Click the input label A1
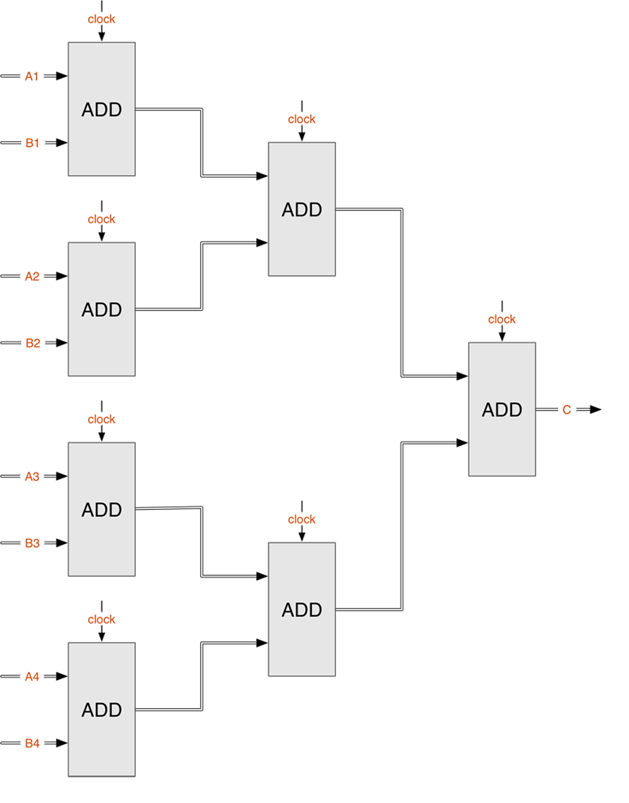pyautogui.click(x=32, y=77)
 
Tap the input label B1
pyautogui.click(x=32, y=143)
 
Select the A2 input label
pyautogui.click(x=32, y=277)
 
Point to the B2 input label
pyautogui.click(x=32, y=343)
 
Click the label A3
pyautogui.click(x=32, y=477)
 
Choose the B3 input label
pyautogui.click(x=32, y=543)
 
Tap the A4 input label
pyautogui.click(x=32, y=677)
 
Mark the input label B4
pyautogui.click(x=32, y=743)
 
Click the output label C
pyautogui.click(x=567, y=410)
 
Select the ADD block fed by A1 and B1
pyautogui.click(x=101, y=109)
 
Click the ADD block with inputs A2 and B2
pyautogui.click(x=101, y=309)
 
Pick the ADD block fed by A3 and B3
pyautogui.click(x=101, y=509)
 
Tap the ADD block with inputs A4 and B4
pyautogui.click(x=101, y=709)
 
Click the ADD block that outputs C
pyautogui.click(x=502, y=409)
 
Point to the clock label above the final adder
pyautogui.click(x=502, y=319)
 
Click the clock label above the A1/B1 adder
pyautogui.click(x=101, y=19)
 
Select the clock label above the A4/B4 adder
pyautogui.click(x=101, y=619)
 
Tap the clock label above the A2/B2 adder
pyautogui.click(x=101, y=220)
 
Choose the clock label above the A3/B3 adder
pyautogui.click(x=101, y=419)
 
